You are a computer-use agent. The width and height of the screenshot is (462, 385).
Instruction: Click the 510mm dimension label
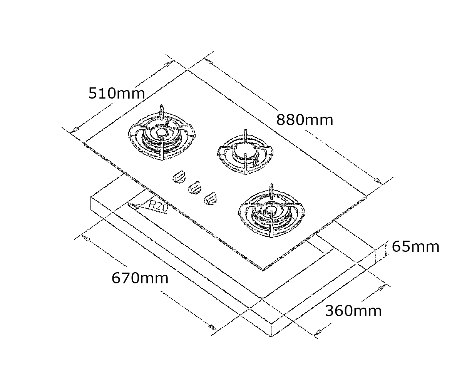[116, 94]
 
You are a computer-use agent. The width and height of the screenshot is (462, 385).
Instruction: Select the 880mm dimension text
[305, 120]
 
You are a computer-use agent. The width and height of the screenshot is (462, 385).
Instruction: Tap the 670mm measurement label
[140, 278]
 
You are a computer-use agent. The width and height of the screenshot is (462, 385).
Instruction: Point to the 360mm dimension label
[353, 311]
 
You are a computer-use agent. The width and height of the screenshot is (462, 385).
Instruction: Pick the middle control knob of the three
[195, 188]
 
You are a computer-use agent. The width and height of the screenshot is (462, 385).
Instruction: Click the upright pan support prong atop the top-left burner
[162, 112]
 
